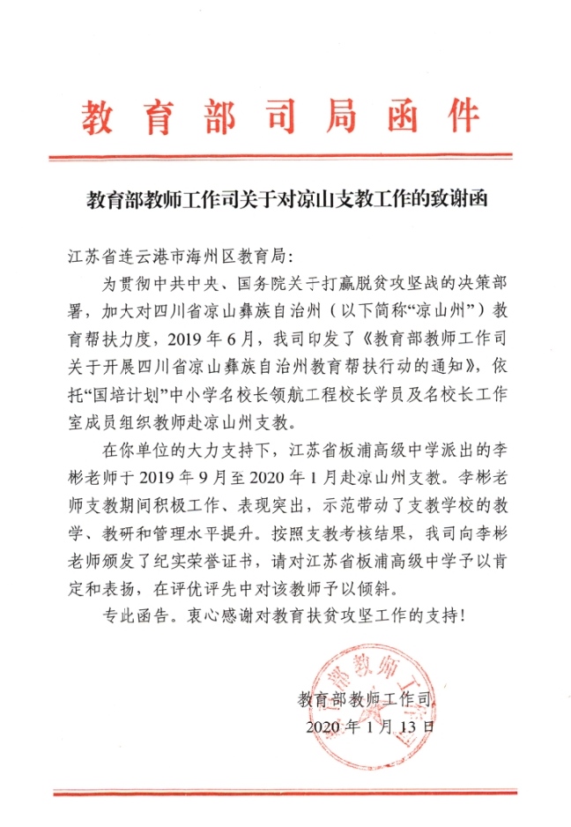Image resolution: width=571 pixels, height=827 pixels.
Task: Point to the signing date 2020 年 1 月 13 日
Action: [370, 727]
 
